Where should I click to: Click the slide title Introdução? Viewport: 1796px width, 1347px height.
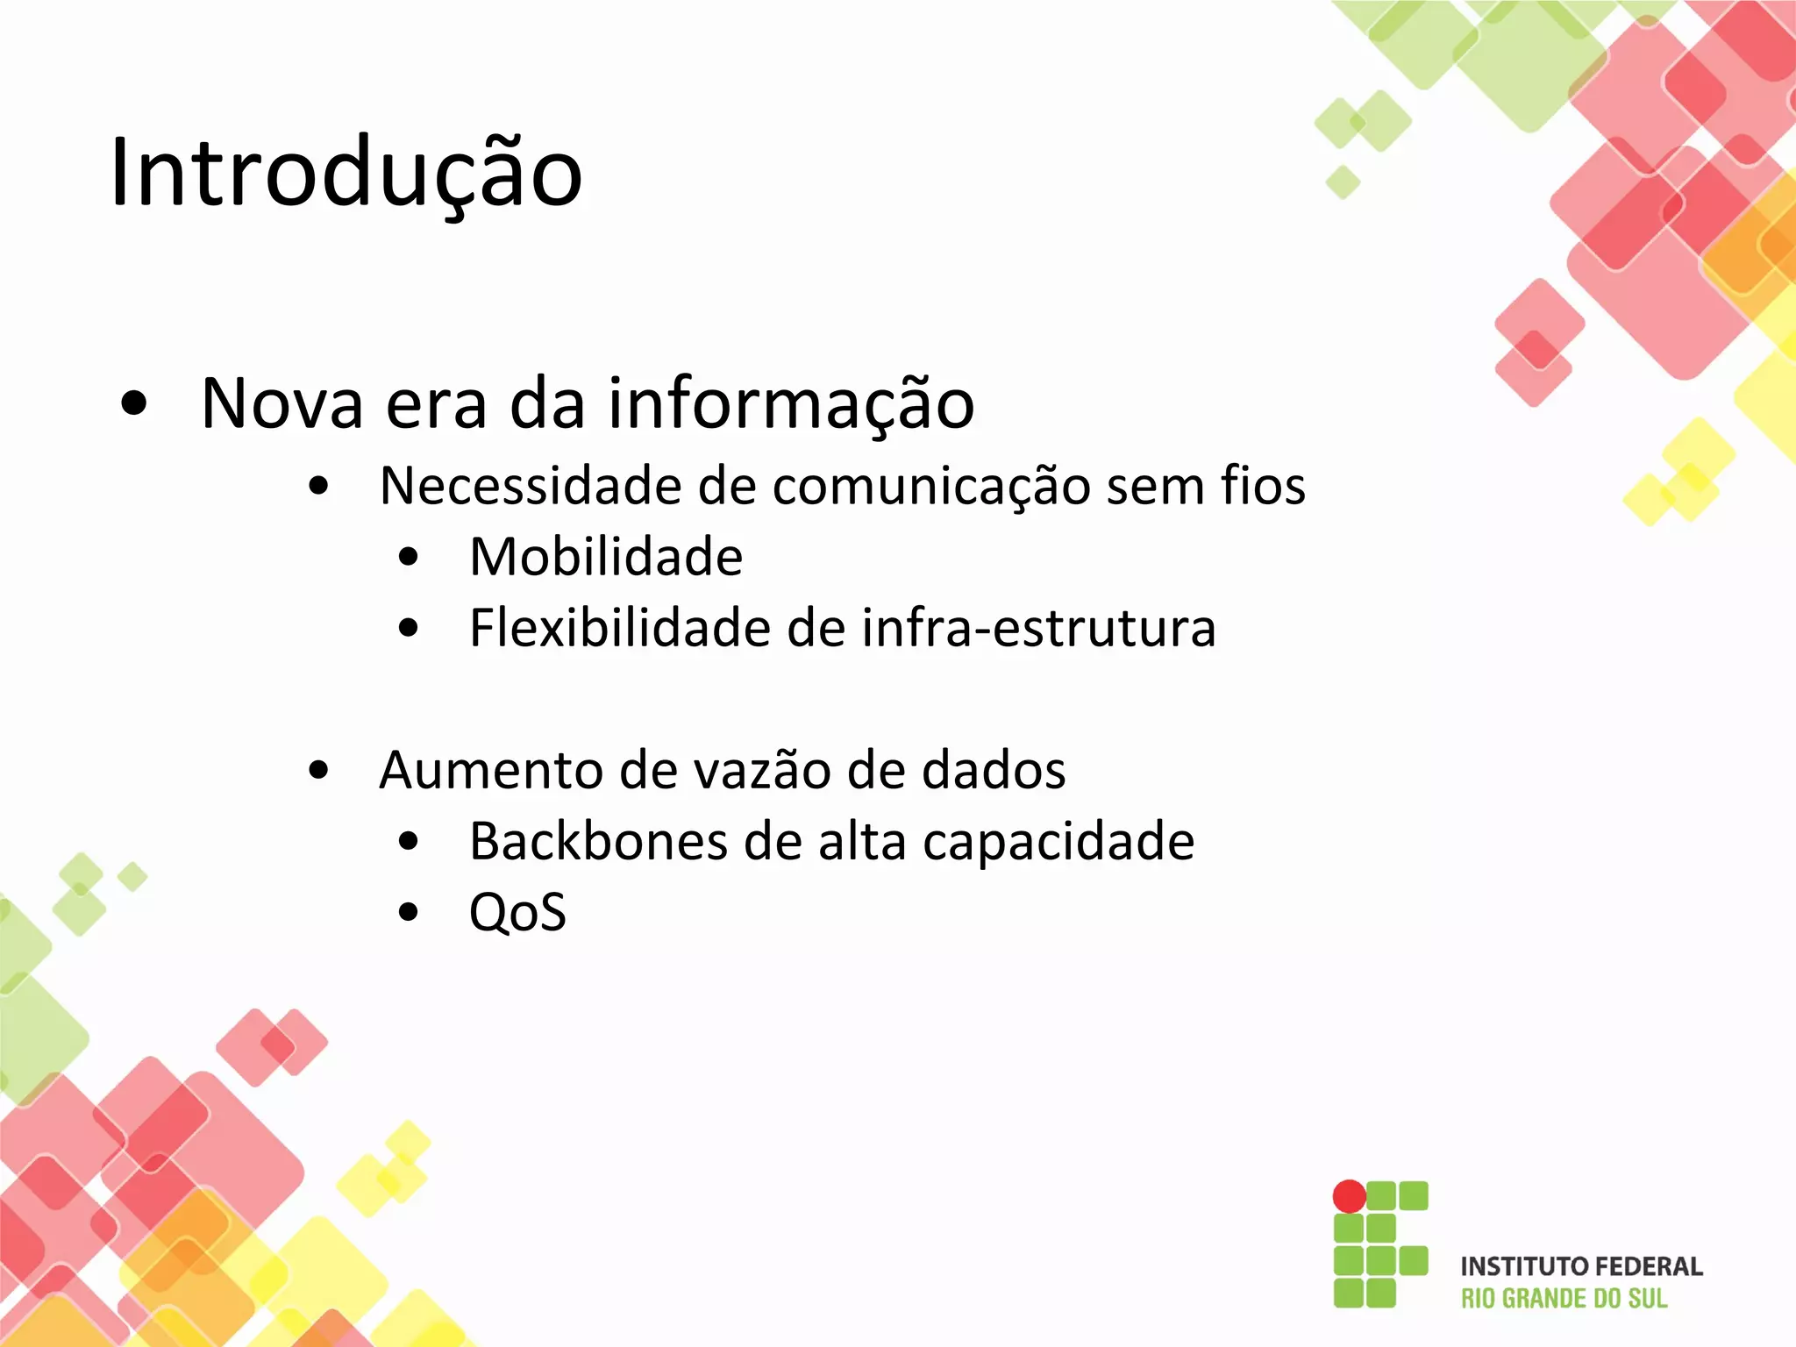[346, 173]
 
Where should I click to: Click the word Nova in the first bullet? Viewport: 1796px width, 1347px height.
[282, 403]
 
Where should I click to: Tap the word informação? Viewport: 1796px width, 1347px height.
[791, 403]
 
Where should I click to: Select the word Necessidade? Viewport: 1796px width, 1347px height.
[531, 486]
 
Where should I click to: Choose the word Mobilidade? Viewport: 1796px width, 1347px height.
[606, 557]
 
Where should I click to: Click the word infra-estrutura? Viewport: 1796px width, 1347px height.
[1038, 628]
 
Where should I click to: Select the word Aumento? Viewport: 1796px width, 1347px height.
[491, 770]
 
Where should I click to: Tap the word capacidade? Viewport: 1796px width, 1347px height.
[1058, 843]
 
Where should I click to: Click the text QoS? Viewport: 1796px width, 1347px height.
[517, 913]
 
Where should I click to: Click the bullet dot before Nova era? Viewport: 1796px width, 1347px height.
[134, 403]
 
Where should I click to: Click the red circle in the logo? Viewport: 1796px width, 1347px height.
[1349, 1196]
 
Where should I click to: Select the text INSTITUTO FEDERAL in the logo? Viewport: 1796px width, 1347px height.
[1581, 1266]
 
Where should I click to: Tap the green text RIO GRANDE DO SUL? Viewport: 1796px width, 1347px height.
[1564, 1299]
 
